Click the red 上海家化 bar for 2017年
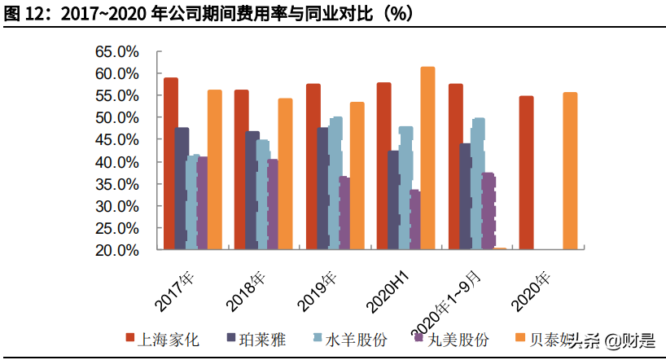coord(171,163)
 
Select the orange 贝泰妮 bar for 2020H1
coord(427,158)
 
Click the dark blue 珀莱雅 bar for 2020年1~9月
coord(465,195)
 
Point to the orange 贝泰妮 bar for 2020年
coord(570,170)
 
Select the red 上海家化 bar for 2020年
coord(526,172)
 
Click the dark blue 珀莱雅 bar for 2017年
coord(182,187)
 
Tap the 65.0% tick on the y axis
coord(117,51)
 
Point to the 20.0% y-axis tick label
coord(117,250)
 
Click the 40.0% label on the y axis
coord(117,162)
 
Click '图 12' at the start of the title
coord(23,14)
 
